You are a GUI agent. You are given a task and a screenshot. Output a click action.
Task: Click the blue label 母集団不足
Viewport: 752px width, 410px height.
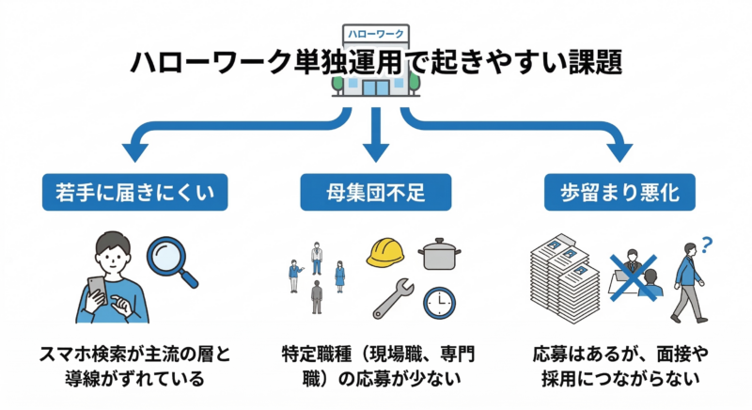(x=376, y=195)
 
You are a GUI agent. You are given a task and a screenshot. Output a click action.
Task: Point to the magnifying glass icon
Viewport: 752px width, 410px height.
(x=176, y=260)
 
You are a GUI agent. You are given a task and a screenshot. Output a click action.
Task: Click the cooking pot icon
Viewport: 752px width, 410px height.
(x=438, y=253)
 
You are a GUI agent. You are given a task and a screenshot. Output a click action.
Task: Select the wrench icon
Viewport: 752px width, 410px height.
(x=388, y=299)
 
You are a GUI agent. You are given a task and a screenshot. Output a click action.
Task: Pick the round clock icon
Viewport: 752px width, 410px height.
(x=439, y=301)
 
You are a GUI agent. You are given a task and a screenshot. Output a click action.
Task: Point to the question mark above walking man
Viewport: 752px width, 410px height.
(x=707, y=245)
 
